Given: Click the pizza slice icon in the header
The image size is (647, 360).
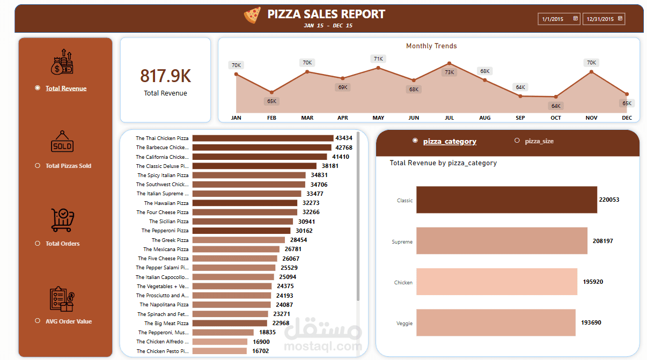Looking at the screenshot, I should (x=252, y=15).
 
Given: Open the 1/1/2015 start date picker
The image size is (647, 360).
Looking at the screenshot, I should (x=558, y=19).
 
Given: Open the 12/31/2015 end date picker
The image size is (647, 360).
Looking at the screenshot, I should (x=604, y=19).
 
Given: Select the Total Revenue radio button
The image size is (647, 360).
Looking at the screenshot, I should (x=38, y=88).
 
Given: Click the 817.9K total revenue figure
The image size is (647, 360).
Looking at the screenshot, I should (x=165, y=76).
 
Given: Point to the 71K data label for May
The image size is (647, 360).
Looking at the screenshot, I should (x=378, y=58).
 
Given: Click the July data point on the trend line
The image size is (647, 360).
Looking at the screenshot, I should (x=449, y=63).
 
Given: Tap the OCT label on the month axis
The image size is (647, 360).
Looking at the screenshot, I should (x=555, y=117).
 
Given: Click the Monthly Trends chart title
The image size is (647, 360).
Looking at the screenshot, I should (x=431, y=46).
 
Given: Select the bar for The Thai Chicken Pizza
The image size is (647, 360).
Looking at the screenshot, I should (x=262, y=138).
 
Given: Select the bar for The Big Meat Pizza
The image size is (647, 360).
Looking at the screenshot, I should (x=229, y=323).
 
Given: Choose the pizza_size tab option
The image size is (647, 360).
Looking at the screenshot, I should (x=539, y=141).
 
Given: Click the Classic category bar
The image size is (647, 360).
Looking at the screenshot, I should (x=506, y=200).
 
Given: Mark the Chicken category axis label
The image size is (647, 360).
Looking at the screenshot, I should (x=403, y=282).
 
